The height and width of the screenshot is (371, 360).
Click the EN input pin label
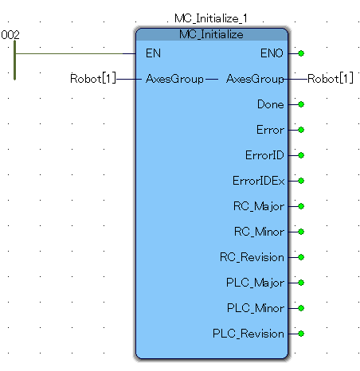point(153,53)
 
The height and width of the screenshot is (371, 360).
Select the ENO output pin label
point(272,53)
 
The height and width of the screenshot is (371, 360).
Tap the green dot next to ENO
point(301,53)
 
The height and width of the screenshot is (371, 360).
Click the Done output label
point(271,104)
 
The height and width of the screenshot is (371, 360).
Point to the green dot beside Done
point(301,104)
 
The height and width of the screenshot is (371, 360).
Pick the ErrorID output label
point(264,155)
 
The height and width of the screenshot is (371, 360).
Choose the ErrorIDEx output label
point(259,181)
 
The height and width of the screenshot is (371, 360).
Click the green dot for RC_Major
point(301,206)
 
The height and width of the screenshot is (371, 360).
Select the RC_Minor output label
point(259,232)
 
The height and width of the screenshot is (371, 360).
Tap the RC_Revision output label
point(252,257)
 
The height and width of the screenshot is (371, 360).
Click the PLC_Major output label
point(255,283)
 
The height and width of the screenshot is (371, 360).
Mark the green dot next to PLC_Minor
point(301,308)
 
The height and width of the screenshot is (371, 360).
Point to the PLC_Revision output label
point(248,334)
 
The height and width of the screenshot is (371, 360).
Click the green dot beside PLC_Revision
point(301,334)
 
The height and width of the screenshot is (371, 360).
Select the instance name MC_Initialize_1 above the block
point(211,18)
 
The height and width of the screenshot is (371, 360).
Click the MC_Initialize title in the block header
point(211,34)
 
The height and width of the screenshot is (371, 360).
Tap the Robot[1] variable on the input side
point(93,79)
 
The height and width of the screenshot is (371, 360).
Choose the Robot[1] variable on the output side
point(331,79)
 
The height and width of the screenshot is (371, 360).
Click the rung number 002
point(10,35)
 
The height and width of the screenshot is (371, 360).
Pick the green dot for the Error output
point(301,130)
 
